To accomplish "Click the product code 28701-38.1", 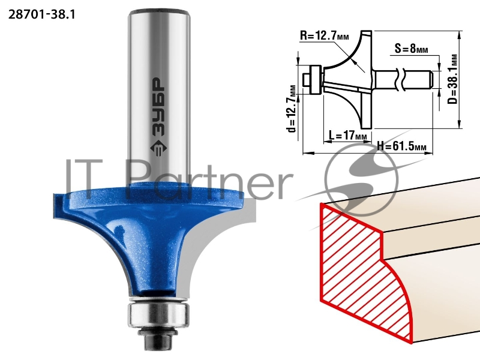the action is pyautogui.click(x=41, y=14).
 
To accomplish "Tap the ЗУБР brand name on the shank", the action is pyautogui.click(x=158, y=107).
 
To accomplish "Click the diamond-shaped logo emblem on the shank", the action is pyautogui.click(x=158, y=148).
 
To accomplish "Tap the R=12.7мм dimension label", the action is pyautogui.click(x=325, y=35).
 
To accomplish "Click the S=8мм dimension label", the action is pyautogui.click(x=411, y=49).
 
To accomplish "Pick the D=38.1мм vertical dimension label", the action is pyautogui.click(x=454, y=80).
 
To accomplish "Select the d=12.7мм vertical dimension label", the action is pyautogui.click(x=292, y=109).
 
